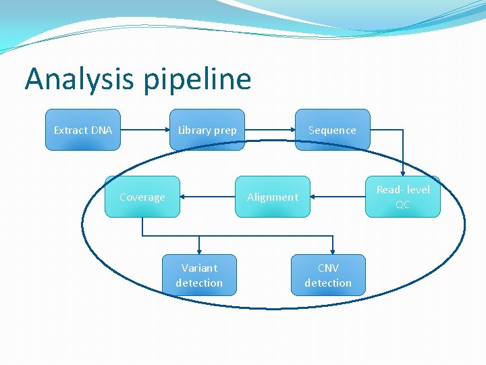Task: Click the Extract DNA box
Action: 82,130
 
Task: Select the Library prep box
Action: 207,130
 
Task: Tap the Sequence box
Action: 332,130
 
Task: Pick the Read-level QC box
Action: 402,197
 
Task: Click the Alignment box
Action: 272,197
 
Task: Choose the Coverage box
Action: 142,197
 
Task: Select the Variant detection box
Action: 199,275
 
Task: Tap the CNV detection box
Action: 328,275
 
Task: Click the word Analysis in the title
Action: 80,80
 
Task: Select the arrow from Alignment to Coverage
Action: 207,197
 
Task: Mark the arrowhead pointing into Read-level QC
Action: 403,172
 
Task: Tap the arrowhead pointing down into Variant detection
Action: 199,249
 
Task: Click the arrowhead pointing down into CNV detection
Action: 331,249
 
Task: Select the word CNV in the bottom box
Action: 328,268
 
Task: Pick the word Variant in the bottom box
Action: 199,268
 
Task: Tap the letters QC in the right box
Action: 402,204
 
